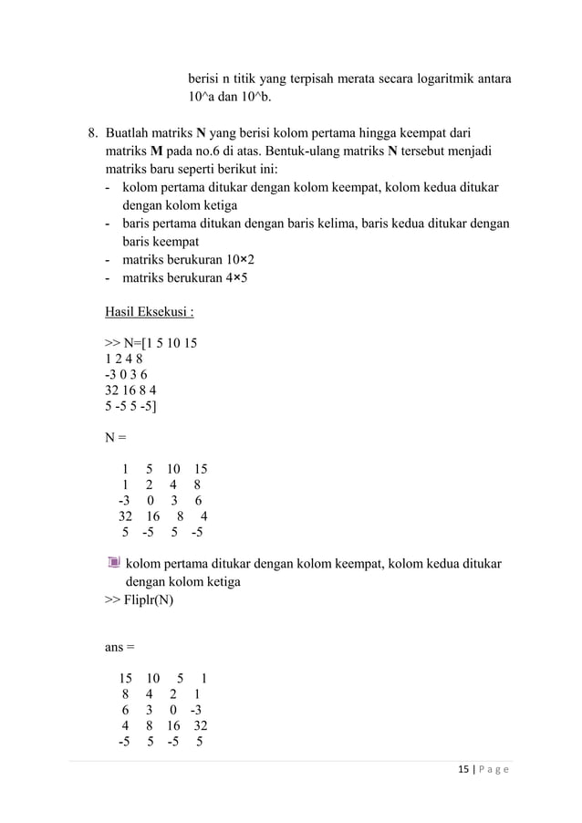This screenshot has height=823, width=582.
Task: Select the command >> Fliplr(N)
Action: click(x=140, y=600)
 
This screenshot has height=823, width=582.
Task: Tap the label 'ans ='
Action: click(x=119, y=647)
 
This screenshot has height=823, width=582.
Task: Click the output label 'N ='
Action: click(x=115, y=437)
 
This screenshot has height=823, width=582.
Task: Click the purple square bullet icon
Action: click(x=113, y=562)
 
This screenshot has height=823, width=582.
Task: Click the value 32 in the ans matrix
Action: click(x=199, y=725)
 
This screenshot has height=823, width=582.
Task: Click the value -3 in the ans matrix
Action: click(x=197, y=711)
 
